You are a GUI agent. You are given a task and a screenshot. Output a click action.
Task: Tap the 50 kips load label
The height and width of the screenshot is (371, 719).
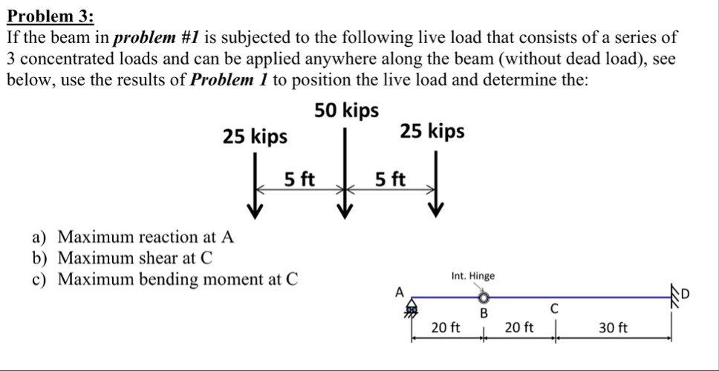pos(346,111)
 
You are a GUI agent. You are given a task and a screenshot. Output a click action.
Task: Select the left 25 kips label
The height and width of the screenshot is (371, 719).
pos(256,137)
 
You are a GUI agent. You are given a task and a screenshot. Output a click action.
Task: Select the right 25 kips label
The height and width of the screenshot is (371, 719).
pos(432,131)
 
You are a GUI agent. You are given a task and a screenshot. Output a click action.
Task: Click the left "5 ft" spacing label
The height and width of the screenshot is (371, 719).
pos(300,179)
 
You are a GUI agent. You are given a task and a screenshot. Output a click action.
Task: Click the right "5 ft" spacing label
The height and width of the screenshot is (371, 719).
pos(391,179)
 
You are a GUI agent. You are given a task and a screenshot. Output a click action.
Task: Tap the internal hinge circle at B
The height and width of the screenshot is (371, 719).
pos(484,298)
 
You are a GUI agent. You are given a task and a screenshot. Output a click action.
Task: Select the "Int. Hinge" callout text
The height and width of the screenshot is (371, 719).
pos(473,276)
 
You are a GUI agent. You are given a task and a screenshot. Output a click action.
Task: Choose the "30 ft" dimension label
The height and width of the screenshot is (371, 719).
pos(613,327)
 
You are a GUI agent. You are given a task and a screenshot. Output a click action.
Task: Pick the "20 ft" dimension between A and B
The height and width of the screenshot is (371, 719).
pos(446,327)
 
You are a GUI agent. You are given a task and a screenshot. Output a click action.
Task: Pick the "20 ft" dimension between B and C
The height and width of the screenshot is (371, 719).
pos(518,327)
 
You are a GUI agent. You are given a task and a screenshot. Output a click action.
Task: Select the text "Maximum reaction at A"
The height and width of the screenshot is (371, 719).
pos(146,237)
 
